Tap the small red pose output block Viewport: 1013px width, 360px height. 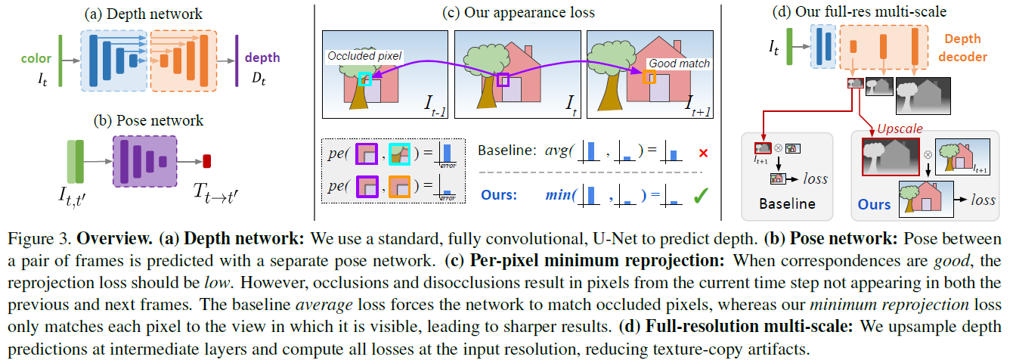207,161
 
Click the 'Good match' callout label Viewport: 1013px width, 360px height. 680,64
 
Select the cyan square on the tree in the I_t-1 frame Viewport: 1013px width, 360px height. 364,79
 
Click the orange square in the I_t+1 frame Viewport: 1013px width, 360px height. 648,77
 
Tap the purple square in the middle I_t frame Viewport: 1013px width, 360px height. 503,79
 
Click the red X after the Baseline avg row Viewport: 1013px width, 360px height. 703,153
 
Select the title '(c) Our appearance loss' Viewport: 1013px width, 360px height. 519,12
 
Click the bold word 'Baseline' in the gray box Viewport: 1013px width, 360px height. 786,203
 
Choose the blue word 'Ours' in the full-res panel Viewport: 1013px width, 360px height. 875,204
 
